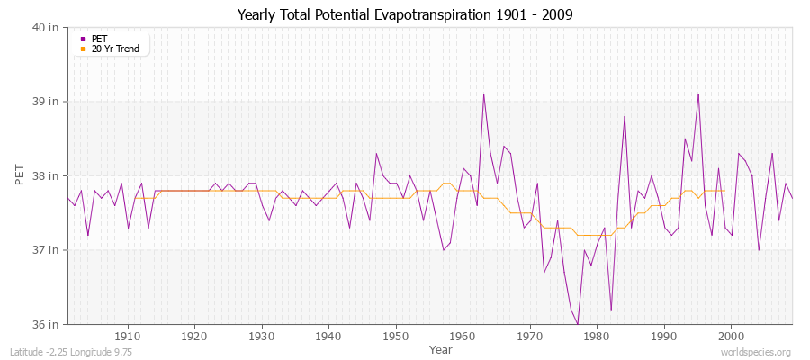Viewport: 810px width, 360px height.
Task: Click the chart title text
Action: tap(405, 15)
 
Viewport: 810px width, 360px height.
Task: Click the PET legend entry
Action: tap(100, 39)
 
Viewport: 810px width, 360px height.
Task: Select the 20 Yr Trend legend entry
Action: tap(116, 49)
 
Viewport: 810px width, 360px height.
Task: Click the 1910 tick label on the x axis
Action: tap(128, 336)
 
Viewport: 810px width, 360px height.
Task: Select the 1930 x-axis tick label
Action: tap(262, 336)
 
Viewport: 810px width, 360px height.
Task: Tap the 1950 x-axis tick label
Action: tap(396, 336)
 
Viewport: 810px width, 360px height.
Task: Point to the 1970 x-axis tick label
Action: tap(530, 336)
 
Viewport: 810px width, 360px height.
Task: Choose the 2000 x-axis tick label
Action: tap(731, 336)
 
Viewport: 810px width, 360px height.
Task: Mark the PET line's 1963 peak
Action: tap(483, 94)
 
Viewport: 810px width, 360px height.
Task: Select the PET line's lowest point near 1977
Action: tap(577, 323)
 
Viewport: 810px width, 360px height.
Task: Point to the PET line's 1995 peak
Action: tap(697, 94)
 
